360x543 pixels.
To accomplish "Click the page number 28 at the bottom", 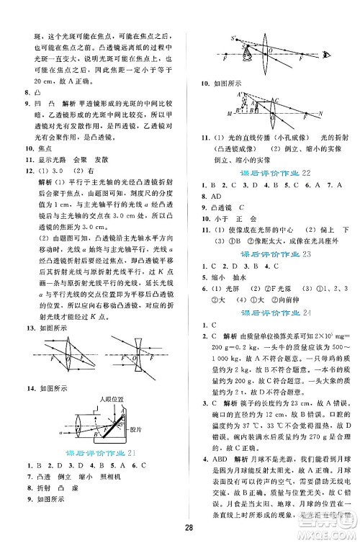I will pyautogui.click(x=180, y=531).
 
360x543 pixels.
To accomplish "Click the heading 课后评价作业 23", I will pyautogui.click(x=271, y=253).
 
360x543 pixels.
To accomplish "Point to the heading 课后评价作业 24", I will pyautogui.click(x=271, y=314).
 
